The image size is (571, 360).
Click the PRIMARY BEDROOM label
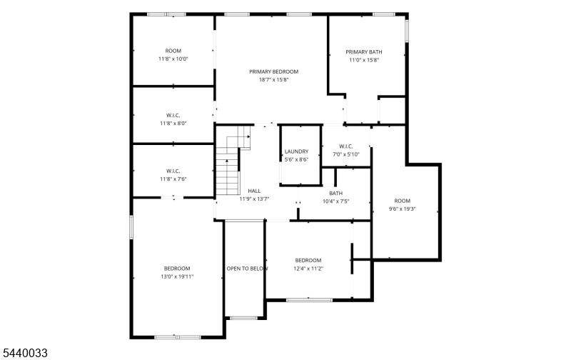tap(273, 71)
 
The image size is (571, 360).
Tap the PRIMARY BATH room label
tap(364, 52)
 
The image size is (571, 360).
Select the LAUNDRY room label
tap(296, 151)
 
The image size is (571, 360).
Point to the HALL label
tap(254, 191)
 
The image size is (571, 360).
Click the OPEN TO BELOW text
tap(247, 269)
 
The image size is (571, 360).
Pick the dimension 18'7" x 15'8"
tap(274, 80)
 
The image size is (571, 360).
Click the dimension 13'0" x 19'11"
tap(177, 276)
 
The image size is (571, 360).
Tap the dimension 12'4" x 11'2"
tap(308, 269)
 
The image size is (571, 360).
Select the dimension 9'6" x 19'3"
tap(403, 209)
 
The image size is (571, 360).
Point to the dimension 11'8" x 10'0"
tap(173, 59)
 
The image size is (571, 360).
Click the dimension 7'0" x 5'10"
tap(346, 154)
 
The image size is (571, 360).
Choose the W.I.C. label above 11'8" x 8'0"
tap(173, 116)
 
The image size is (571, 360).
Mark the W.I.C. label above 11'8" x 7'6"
tap(173, 171)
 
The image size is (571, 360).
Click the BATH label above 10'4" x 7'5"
tap(335, 193)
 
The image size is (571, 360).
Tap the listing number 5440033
tap(25, 353)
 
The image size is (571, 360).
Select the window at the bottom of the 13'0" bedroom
tap(177, 337)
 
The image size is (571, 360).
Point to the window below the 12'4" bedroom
tap(309, 300)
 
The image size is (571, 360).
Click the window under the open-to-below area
tap(243, 318)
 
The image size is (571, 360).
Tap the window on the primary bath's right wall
tap(407, 31)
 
